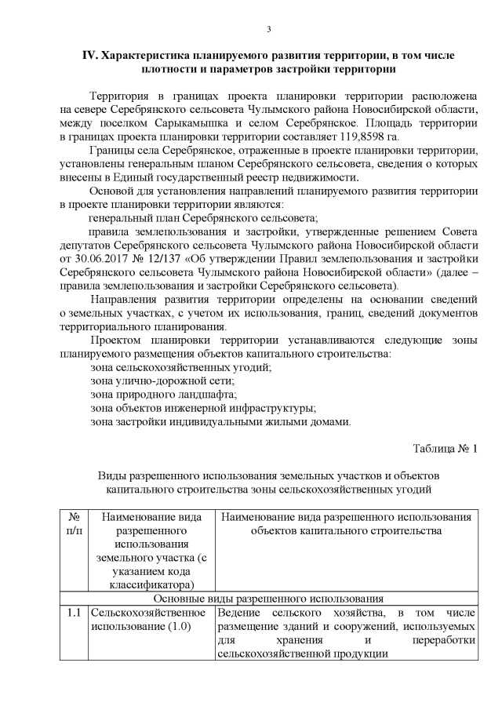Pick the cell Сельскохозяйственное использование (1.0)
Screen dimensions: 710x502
point(150,618)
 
